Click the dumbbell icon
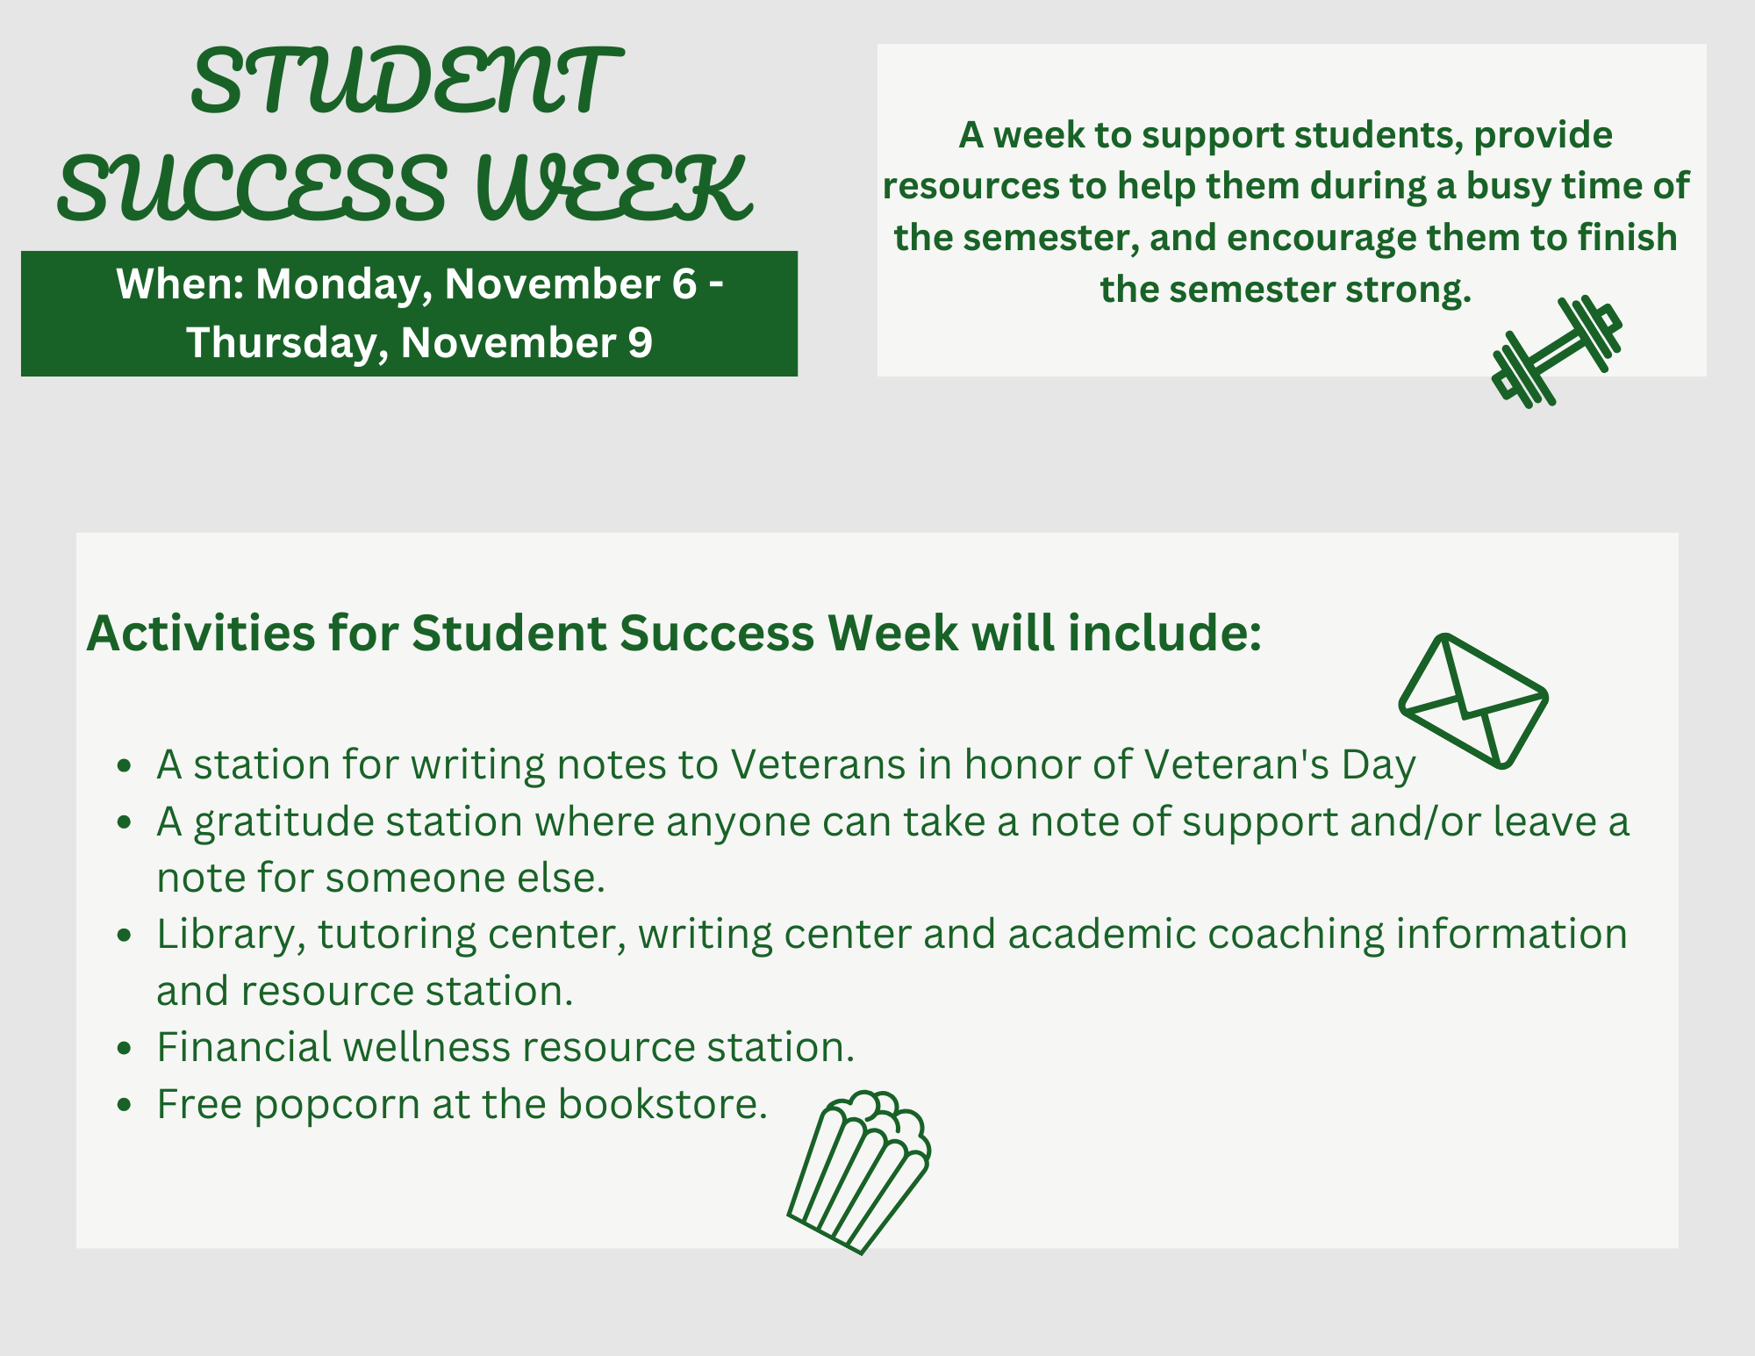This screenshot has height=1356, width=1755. (1557, 352)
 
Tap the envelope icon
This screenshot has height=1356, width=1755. (1473, 700)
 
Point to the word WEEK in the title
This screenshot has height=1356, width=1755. (613, 188)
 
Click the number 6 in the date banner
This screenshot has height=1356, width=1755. (684, 283)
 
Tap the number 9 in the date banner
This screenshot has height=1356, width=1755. (640, 342)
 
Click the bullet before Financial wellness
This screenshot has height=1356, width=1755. (124, 1049)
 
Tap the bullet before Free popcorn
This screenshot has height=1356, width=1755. (124, 1105)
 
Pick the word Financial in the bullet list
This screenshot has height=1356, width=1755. (244, 1047)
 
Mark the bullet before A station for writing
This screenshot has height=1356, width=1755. (124, 766)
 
